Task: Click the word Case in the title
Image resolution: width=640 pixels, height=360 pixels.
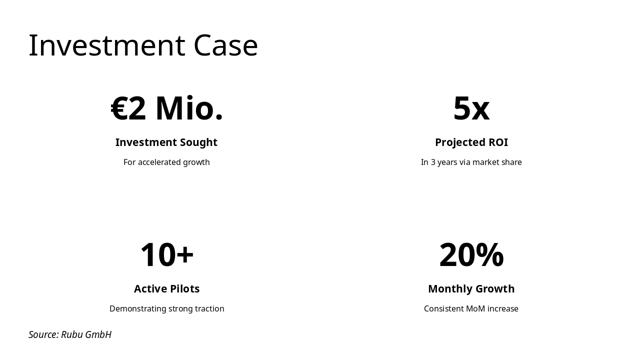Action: [225, 45]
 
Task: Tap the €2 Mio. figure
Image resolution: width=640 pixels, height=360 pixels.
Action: [166, 108]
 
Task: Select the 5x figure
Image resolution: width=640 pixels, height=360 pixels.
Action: [471, 108]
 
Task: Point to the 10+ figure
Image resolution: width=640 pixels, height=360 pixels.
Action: [166, 255]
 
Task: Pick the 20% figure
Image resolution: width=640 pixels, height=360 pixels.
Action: [471, 255]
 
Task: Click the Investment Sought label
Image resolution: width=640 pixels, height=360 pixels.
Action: [166, 142]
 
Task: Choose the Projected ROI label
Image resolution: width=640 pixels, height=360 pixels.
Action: [471, 142]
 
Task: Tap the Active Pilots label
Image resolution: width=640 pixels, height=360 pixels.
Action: [166, 289]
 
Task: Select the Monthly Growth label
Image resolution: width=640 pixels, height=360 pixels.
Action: [471, 289]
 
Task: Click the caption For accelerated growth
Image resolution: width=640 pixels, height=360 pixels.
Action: [166, 162]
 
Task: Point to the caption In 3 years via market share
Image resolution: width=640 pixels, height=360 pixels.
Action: [471, 162]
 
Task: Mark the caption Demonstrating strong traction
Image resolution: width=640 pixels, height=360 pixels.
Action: [166, 308]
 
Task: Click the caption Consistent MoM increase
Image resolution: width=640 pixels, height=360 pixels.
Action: [471, 308]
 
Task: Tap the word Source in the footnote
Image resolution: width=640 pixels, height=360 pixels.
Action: [43, 334]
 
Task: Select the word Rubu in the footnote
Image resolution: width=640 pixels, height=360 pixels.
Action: [72, 334]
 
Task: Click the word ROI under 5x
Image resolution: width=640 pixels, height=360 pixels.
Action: [498, 142]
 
